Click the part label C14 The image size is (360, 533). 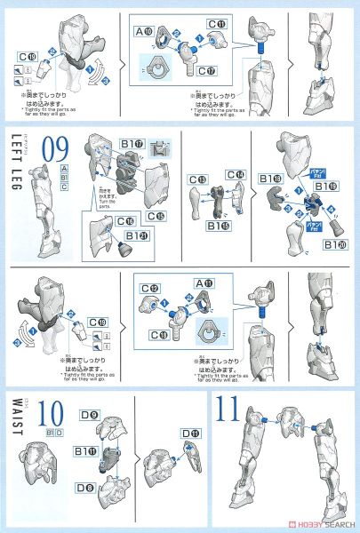(x=235, y=174)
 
